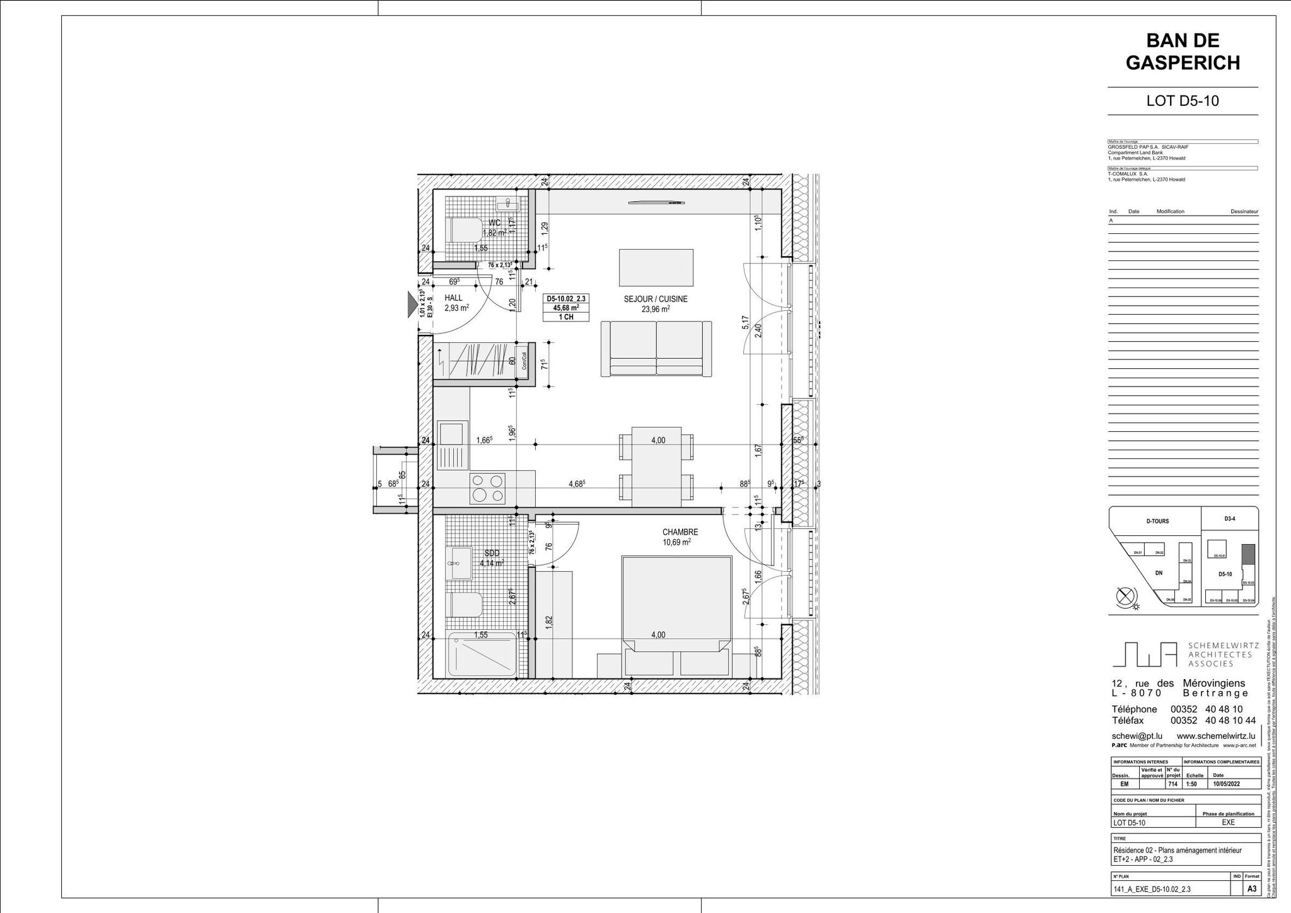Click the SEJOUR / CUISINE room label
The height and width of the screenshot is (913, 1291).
point(656,299)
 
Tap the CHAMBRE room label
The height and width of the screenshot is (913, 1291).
point(680,532)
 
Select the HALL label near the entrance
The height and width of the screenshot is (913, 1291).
point(453,298)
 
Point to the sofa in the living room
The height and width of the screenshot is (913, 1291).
point(656,349)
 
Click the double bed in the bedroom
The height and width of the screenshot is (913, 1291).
point(676,603)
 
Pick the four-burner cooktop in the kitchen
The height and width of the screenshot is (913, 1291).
point(487,488)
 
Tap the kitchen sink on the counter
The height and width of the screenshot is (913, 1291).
point(450,435)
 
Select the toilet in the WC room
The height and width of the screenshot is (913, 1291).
point(462,230)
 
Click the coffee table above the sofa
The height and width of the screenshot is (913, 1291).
point(656,267)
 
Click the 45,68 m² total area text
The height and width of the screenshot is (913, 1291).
point(565,308)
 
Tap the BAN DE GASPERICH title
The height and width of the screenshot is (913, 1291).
point(1182,52)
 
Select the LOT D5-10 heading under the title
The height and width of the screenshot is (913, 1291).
point(1182,101)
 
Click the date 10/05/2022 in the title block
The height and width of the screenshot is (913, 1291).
point(1225,784)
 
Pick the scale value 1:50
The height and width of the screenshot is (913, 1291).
point(1191,784)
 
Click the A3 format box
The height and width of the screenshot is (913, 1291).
point(1251,889)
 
